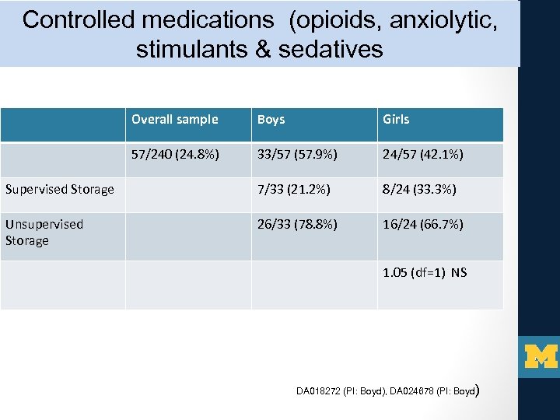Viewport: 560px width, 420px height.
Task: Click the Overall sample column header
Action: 174,120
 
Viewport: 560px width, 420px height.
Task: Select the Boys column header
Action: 271,120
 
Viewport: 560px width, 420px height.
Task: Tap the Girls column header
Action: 396,120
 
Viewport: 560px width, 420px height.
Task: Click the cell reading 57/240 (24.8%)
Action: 175,155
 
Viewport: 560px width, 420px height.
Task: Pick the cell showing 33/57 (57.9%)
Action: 297,155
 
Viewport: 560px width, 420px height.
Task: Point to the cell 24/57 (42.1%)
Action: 422,155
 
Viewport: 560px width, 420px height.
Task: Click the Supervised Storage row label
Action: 59,189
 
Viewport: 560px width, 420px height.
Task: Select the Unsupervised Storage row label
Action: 44,232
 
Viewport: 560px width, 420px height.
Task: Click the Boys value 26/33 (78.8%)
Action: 297,225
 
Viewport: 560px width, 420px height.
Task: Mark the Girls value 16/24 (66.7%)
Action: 422,225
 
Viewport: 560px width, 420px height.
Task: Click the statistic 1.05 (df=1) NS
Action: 425,273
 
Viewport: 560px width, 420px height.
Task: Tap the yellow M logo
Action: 541,355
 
